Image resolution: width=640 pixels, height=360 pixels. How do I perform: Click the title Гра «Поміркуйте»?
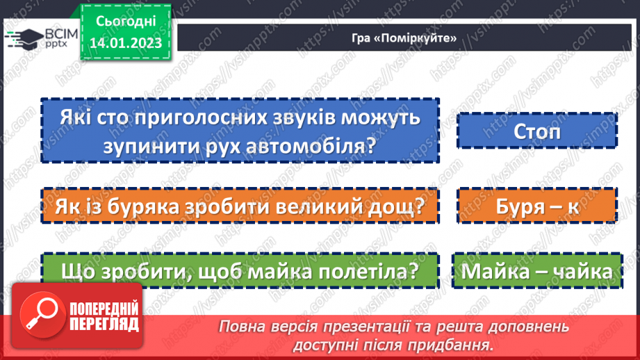(x=404, y=38)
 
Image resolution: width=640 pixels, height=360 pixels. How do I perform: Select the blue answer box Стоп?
(x=537, y=131)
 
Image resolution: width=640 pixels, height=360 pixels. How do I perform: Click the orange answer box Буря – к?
(x=537, y=206)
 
